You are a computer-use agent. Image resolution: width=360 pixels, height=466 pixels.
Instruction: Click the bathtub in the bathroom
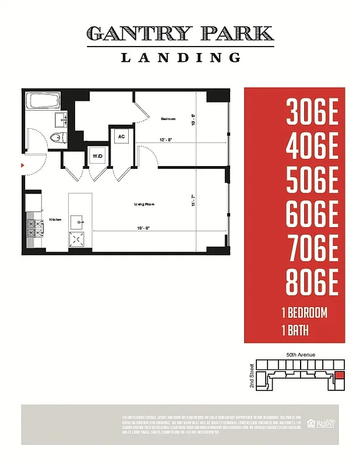point(44,103)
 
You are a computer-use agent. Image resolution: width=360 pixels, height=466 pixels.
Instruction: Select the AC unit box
point(122,137)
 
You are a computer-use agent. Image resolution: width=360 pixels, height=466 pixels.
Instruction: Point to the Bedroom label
point(168,119)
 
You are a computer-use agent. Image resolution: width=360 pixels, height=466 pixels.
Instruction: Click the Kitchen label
point(55,220)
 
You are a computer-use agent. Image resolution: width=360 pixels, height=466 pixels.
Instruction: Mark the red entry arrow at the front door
point(23,166)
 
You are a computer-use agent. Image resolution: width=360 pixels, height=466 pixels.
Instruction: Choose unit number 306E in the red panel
point(312,112)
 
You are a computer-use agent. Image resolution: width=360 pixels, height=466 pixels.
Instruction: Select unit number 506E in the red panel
point(312,181)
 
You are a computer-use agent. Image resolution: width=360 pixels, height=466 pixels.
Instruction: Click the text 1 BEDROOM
point(303,313)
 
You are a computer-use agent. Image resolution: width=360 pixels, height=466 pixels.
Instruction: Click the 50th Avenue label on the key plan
point(301,355)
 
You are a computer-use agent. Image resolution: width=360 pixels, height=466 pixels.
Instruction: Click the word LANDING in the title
point(181,57)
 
